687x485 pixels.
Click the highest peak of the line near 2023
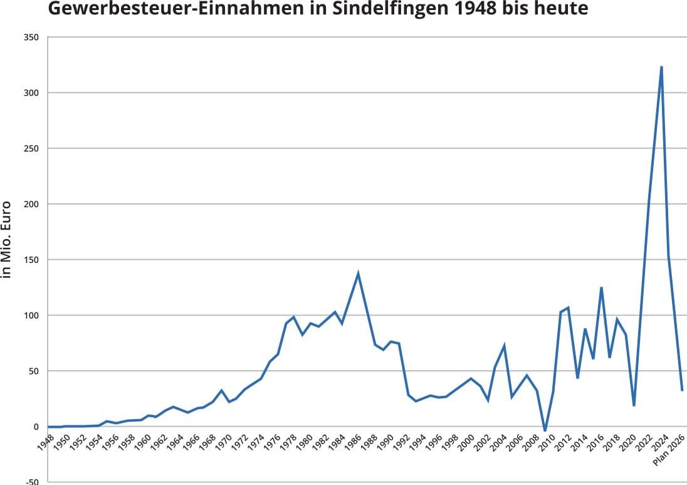pyautogui.click(x=661, y=67)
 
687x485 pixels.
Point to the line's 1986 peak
pyautogui.click(x=358, y=273)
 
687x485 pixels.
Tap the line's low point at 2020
pyautogui.click(x=634, y=405)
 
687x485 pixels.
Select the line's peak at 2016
pyautogui.click(x=601, y=287)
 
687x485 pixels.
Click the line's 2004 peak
pyautogui.click(x=504, y=345)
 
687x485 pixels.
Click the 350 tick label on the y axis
pyautogui.click(x=31, y=38)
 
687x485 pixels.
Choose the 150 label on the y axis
pyautogui.click(x=31, y=260)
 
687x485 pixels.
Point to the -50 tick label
pyautogui.click(x=31, y=482)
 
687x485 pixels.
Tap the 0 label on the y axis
pyautogui.click(x=36, y=427)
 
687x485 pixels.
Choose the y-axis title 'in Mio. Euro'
pyautogui.click(x=8, y=240)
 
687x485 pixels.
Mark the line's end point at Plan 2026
pyautogui.click(x=682, y=390)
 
